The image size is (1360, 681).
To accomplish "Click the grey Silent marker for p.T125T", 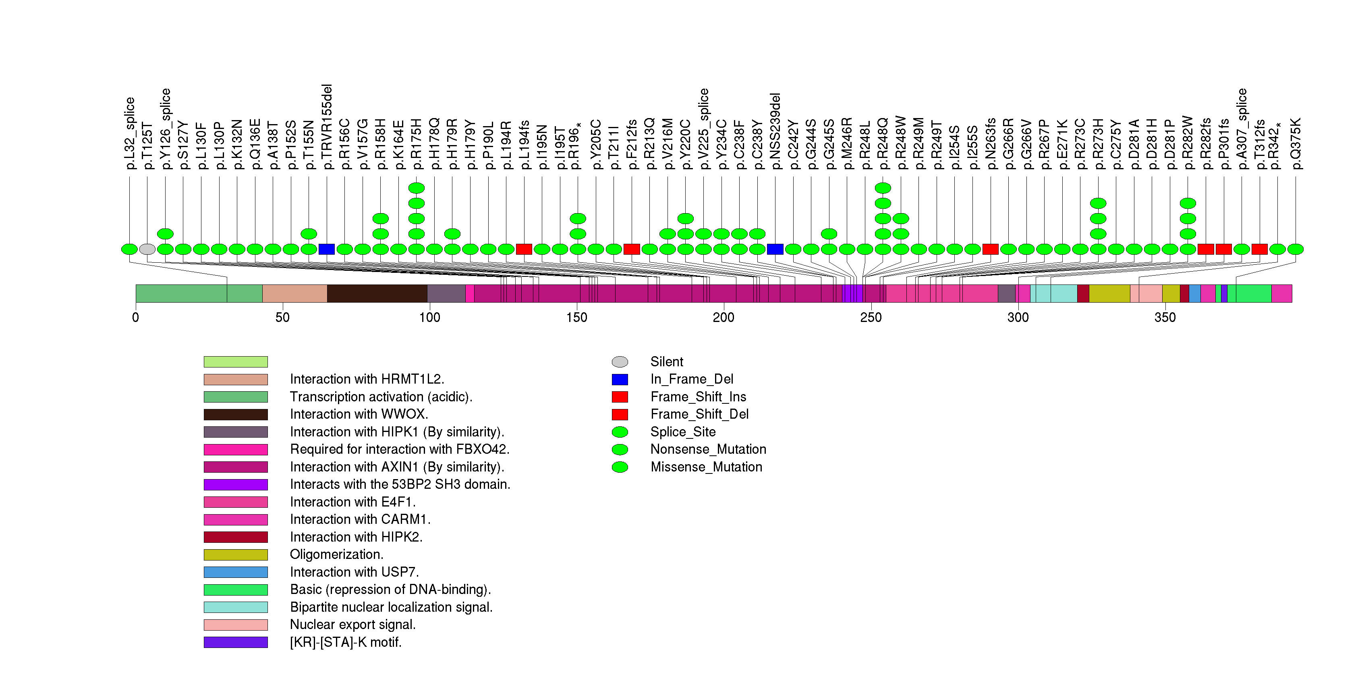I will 147,249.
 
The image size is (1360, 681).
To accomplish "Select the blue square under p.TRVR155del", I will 327,249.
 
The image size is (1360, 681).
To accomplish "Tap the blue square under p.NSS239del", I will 775,249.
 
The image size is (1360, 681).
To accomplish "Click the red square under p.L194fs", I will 524,249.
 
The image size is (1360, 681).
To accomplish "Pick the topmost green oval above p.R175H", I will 417,188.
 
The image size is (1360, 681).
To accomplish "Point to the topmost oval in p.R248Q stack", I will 883,188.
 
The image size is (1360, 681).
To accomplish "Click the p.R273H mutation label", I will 1098,143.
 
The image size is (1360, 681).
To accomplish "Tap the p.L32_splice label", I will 130,133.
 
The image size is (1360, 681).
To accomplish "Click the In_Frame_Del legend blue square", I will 620,380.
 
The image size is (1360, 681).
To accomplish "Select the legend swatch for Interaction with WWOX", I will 236,414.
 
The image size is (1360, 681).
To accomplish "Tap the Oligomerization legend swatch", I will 236,555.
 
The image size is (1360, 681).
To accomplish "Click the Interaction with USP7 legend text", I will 354,572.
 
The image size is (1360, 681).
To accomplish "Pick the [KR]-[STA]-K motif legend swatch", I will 236,642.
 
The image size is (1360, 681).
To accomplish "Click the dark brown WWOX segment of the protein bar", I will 377,293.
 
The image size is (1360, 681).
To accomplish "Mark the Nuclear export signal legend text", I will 352,625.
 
